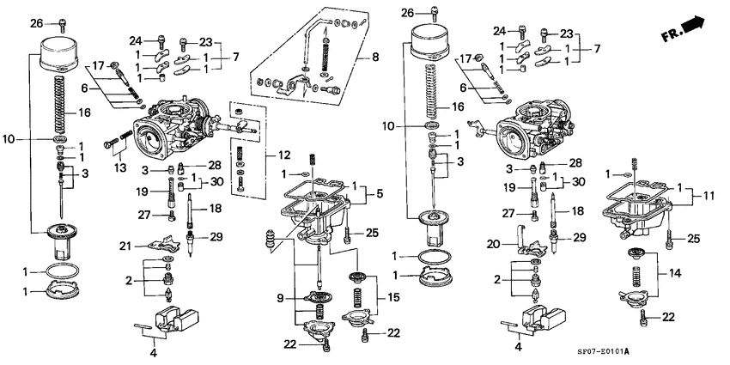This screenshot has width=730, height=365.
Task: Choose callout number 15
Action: pos(396,297)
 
